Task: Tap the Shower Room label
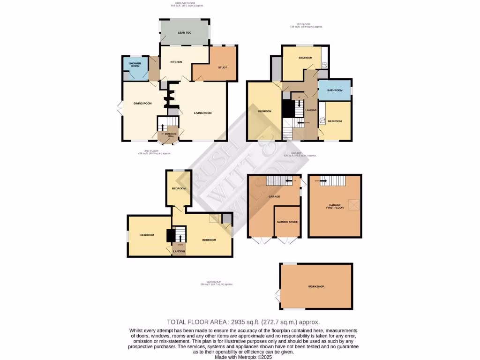point(135,65)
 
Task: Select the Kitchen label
point(176,62)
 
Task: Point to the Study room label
point(223,67)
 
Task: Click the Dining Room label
point(142,103)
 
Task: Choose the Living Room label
point(203,112)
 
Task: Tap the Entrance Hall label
point(170,136)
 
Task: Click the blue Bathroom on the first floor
point(335,90)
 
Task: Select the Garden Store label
point(287,222)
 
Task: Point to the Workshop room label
point(316,286)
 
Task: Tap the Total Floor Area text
point(243,322)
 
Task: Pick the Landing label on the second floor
point(179,252)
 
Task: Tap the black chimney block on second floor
point(170,235)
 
